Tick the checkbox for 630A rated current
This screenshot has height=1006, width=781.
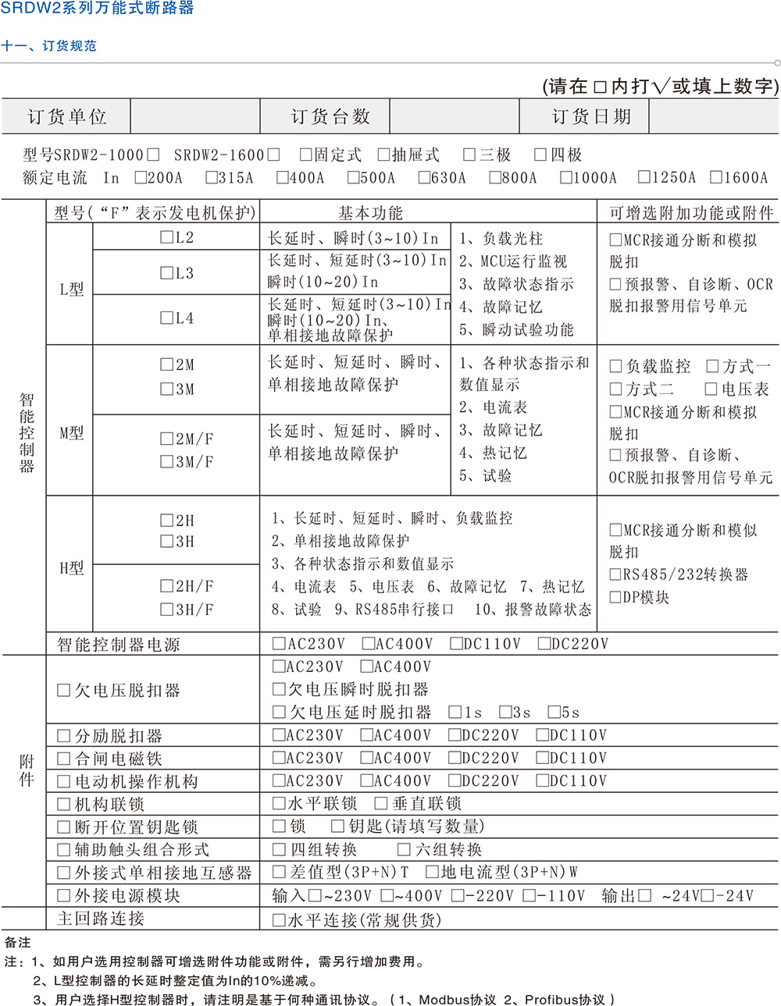point(424,178)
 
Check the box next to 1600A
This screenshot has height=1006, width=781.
point(715,178)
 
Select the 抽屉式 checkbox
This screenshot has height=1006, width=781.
point(383,155)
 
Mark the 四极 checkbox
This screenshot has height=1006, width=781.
point(540,155)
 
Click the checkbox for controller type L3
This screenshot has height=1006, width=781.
point(166,273)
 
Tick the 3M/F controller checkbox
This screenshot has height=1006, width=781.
point(166,462)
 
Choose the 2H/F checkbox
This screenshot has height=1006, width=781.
point(166,586)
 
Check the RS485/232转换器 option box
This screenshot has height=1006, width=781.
point(615,575)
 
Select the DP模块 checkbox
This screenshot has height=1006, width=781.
point(615,598)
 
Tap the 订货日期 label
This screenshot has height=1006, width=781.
point(590,117)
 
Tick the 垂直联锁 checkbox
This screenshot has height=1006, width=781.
point(381,804)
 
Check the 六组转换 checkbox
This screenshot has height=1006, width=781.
point(404,850)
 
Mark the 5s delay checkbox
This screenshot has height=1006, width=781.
point(554,713)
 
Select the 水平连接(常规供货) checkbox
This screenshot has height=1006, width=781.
point(279,920)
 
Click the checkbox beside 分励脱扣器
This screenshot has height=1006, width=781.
point(64,736)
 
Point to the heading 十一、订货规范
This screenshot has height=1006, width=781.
point(49,46)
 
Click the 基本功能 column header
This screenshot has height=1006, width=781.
point(370,213)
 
